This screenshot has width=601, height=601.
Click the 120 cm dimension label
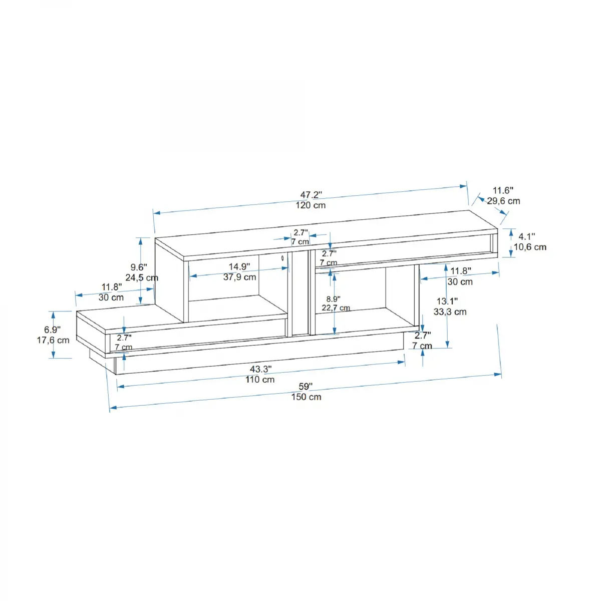click(311, 205)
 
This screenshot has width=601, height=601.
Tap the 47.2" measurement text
click(311, 195)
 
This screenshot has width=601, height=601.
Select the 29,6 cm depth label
click(503, 201)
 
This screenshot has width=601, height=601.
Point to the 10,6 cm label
click(530, 247)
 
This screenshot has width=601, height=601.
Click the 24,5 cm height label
click(142, 277)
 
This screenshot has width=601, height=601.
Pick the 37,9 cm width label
click(239, 277)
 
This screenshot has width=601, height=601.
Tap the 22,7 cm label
click(336, 308)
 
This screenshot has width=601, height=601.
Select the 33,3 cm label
click(450, 312)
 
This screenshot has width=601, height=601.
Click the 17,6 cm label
click(53, 340)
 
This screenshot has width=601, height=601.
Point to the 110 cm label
click(260, 380)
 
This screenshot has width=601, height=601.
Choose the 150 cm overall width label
click(306, 397)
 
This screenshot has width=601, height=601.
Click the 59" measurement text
click(306, 387)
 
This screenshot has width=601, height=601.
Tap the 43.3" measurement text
click(260, 369)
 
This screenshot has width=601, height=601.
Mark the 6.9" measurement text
click(52, 330)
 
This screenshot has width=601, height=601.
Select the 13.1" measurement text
click(447, 301)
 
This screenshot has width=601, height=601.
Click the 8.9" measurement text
click(333, 299)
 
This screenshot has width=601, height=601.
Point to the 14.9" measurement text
click(239, 267)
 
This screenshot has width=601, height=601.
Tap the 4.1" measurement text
click(526, 236)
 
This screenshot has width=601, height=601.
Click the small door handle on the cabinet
click(282, 258)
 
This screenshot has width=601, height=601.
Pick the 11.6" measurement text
click(503, 190)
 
